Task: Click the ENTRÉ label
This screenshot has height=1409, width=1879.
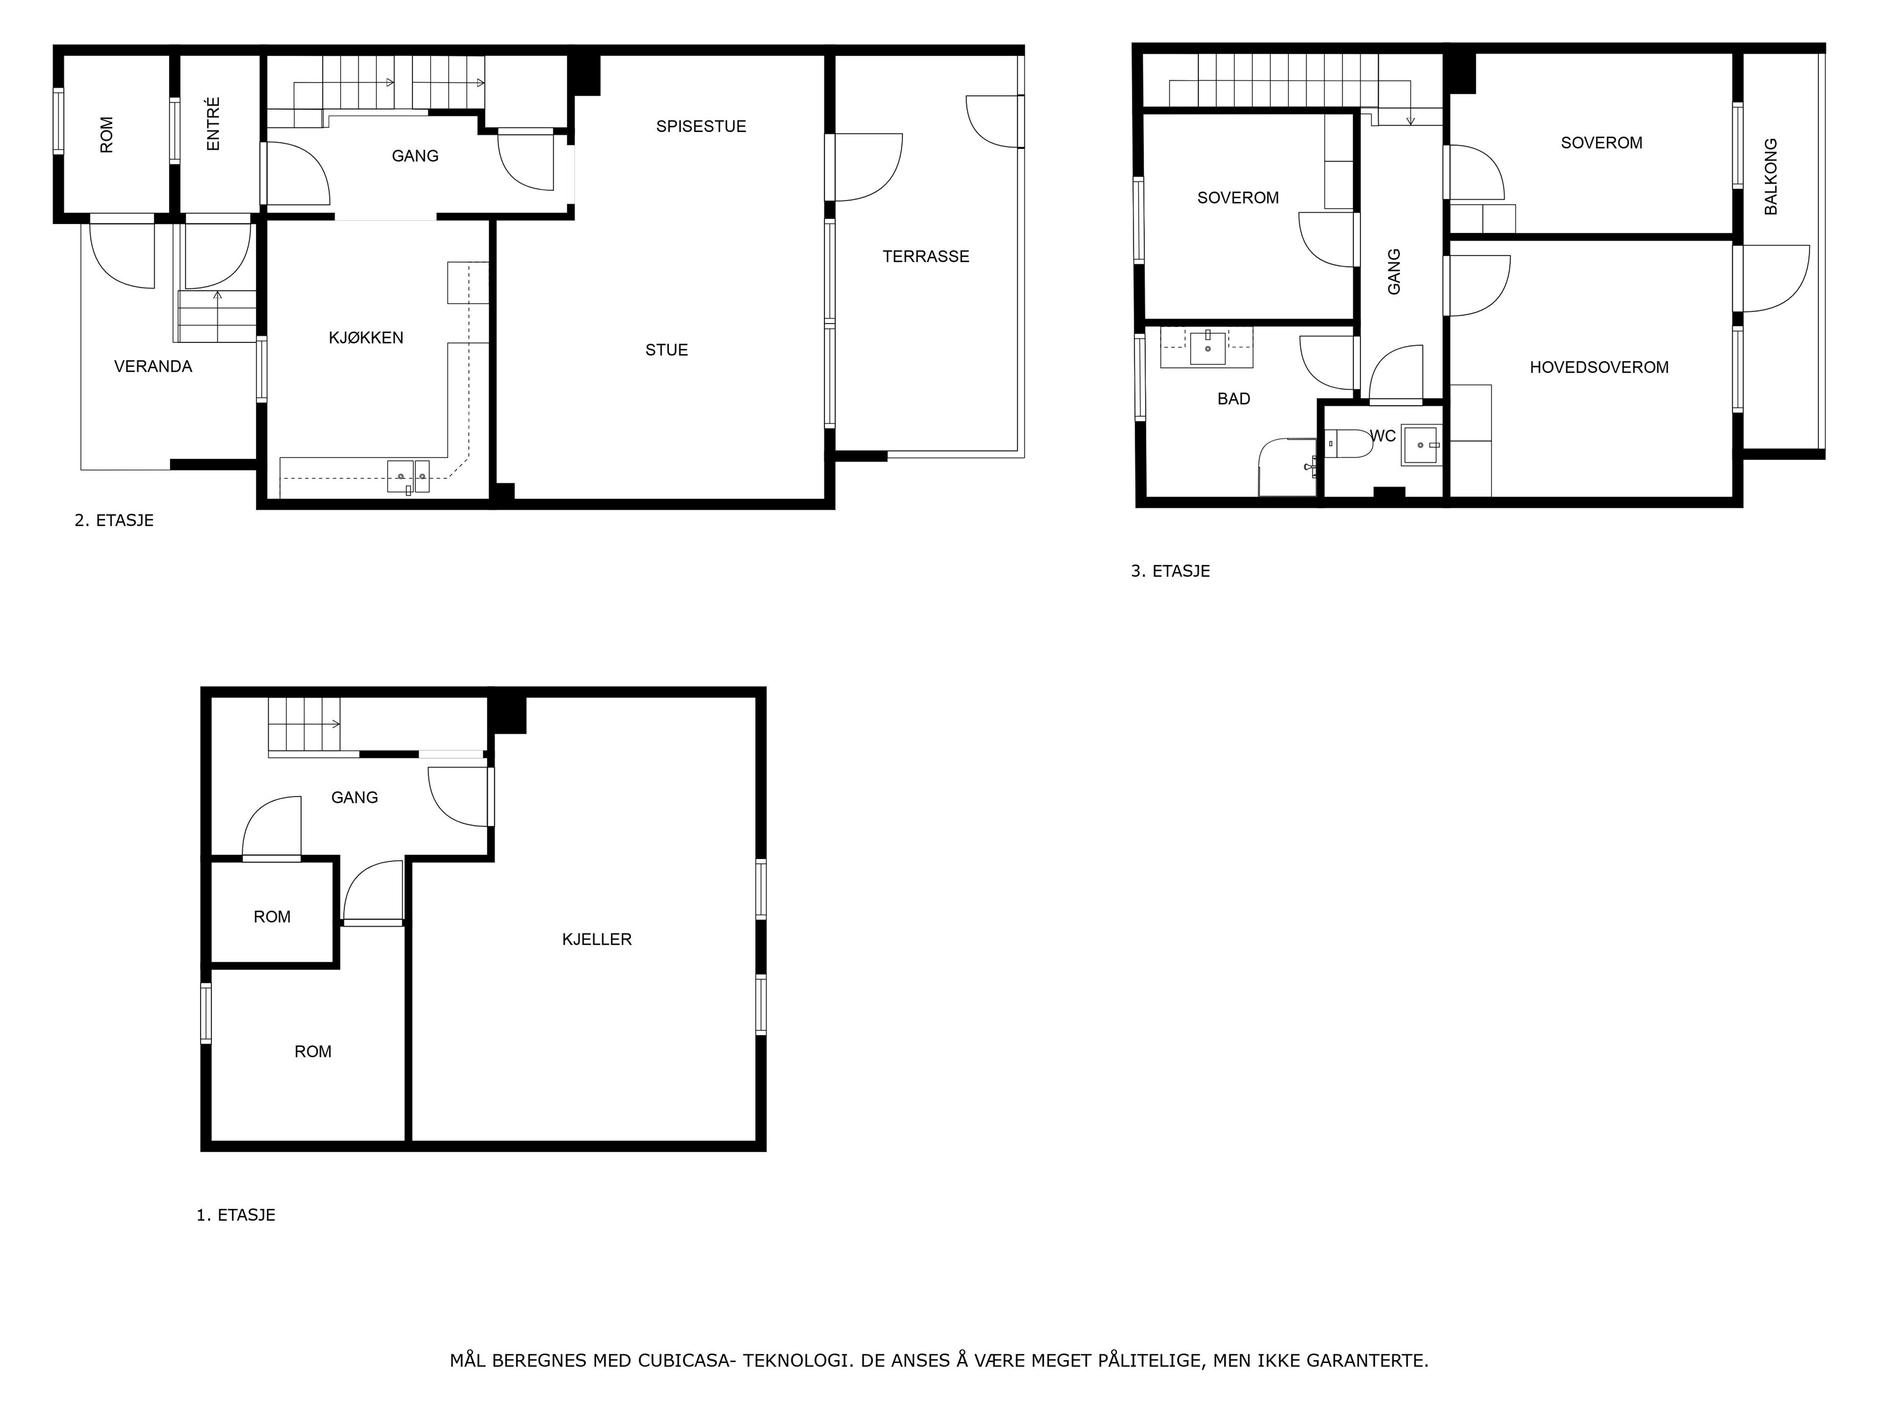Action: [213, 124]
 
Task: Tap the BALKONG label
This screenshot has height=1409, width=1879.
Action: [1770, 177]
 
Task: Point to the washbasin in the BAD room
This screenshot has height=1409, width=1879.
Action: [1207, 347]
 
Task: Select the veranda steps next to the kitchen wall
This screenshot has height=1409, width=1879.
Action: [217, 316]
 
